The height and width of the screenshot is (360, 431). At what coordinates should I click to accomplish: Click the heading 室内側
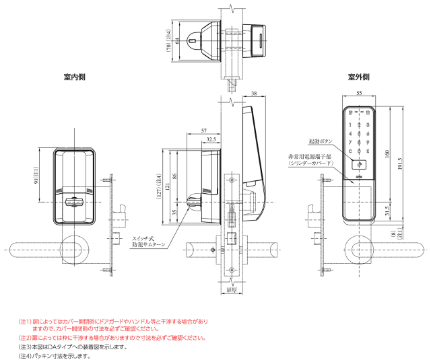(74, 77)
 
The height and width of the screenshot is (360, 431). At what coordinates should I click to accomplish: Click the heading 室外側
(358, 77)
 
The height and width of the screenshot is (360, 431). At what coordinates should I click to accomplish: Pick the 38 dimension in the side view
(253, 93)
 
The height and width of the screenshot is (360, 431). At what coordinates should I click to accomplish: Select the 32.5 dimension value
(211, 140)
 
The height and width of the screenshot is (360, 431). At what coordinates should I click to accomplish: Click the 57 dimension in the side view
(204, 130)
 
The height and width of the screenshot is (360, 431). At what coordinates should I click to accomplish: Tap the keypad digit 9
(368, 141)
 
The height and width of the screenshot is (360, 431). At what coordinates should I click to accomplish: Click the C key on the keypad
(351, 151)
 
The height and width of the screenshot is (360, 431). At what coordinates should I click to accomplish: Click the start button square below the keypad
(359, 164)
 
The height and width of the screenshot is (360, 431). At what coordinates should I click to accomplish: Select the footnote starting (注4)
(54, 356)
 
